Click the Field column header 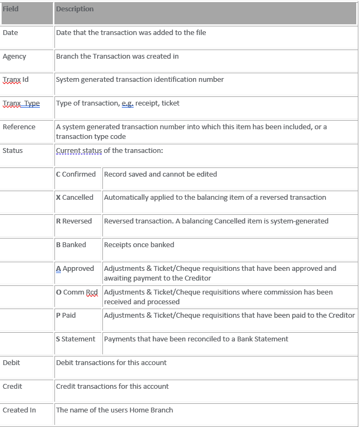pyautogui.click(x=11, y=9)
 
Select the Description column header pyautogui.click(x=75, y=9)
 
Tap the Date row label pyautogui.click(x=10, y=33)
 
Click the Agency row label pyautogui.click(x=14, y=57)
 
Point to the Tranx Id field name pyautogui.click(x=16, y=80)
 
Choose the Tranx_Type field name pyautogui.click(x=21, y=103)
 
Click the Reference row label pyautogui.click(x=19, y=127)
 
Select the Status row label pyautogui.click(x=13, y=151)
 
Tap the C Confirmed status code pyautogui.click(x=76, y=174)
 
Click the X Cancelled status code pyautogui.click(x=75, y=198)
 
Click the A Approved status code pyautogui.click(x=75, y=269)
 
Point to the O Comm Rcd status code pyautogui.click(x=77, y=292)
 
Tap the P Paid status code pyautogui.click(x=66, y=316)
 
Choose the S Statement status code pyautogui.click(x=76, y=339)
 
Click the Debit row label pyautogui.click(x=11, y=363)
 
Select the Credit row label pyautogui.click(x=12, y=387)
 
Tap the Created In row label pyautogui.click(x=19, y=410)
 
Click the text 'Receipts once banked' pyautogui.click(x=139, y=245)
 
